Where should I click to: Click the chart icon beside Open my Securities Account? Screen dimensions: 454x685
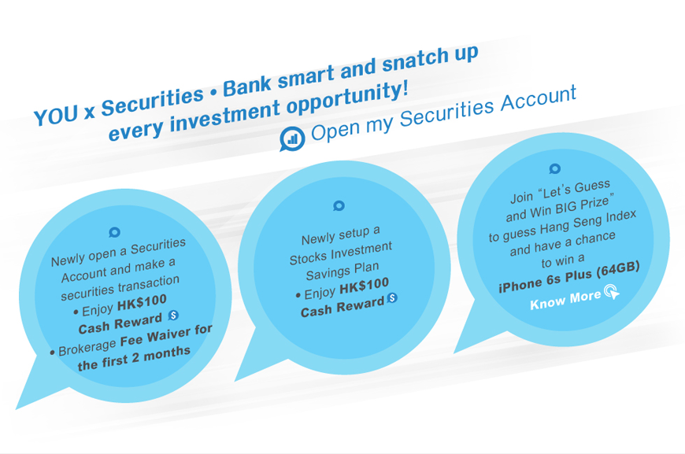point(292,138)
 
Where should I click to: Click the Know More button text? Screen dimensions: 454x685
point(565,301)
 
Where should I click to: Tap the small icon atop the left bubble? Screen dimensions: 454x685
point(115,233)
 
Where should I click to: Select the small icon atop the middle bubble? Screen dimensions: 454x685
point(339,206)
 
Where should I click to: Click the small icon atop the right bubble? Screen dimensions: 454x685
point(554,168)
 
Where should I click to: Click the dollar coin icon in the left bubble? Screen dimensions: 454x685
point(174,316)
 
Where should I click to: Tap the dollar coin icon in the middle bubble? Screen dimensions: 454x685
point(392,298)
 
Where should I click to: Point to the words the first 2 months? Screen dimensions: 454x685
point(135,358)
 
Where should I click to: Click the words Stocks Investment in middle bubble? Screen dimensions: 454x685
point(341,254)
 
